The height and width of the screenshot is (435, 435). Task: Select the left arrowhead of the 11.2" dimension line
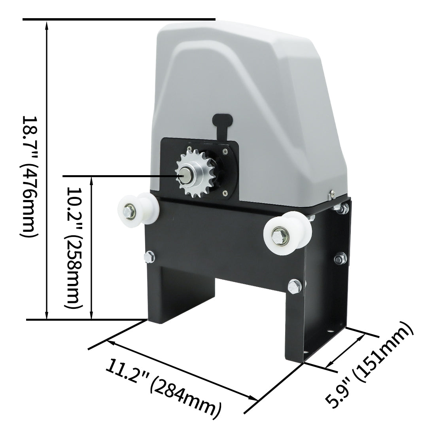(x=110, y=341)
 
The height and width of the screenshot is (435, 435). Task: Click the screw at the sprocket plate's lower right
(x=225, y=193)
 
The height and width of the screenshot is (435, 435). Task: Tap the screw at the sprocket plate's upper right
(x=225, y=150)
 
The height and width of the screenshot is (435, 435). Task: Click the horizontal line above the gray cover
(x=119, y=19)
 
